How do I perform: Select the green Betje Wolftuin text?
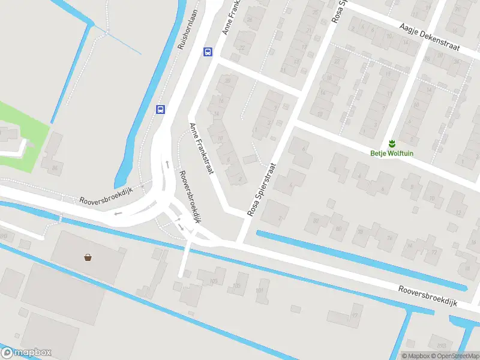[x=391, y=153]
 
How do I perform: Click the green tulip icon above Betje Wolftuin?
[x=391, y=143]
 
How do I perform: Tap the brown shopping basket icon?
[x=88, y=257]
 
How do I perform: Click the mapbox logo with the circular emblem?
[x=26, y=353]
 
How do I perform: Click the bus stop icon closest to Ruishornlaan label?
[x=208, y=52]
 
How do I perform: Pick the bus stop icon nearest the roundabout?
[x=160, y=109]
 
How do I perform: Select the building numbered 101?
[x=260, y=291]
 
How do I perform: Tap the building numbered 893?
[x=442, y=346]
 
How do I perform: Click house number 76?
[x=389, y=238]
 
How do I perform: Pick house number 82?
[x=316, y=220]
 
